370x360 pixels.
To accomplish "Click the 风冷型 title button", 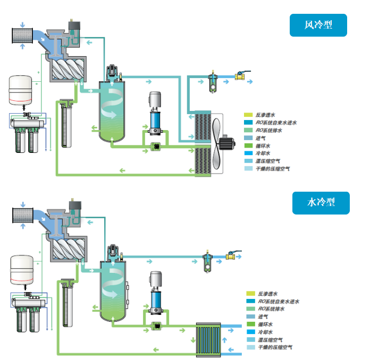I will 318,25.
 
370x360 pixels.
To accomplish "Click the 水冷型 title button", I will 321,202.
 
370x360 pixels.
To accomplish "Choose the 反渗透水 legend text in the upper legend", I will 265,115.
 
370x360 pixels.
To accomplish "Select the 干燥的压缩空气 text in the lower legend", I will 275,347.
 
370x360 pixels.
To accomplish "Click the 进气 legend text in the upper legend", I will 262,138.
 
